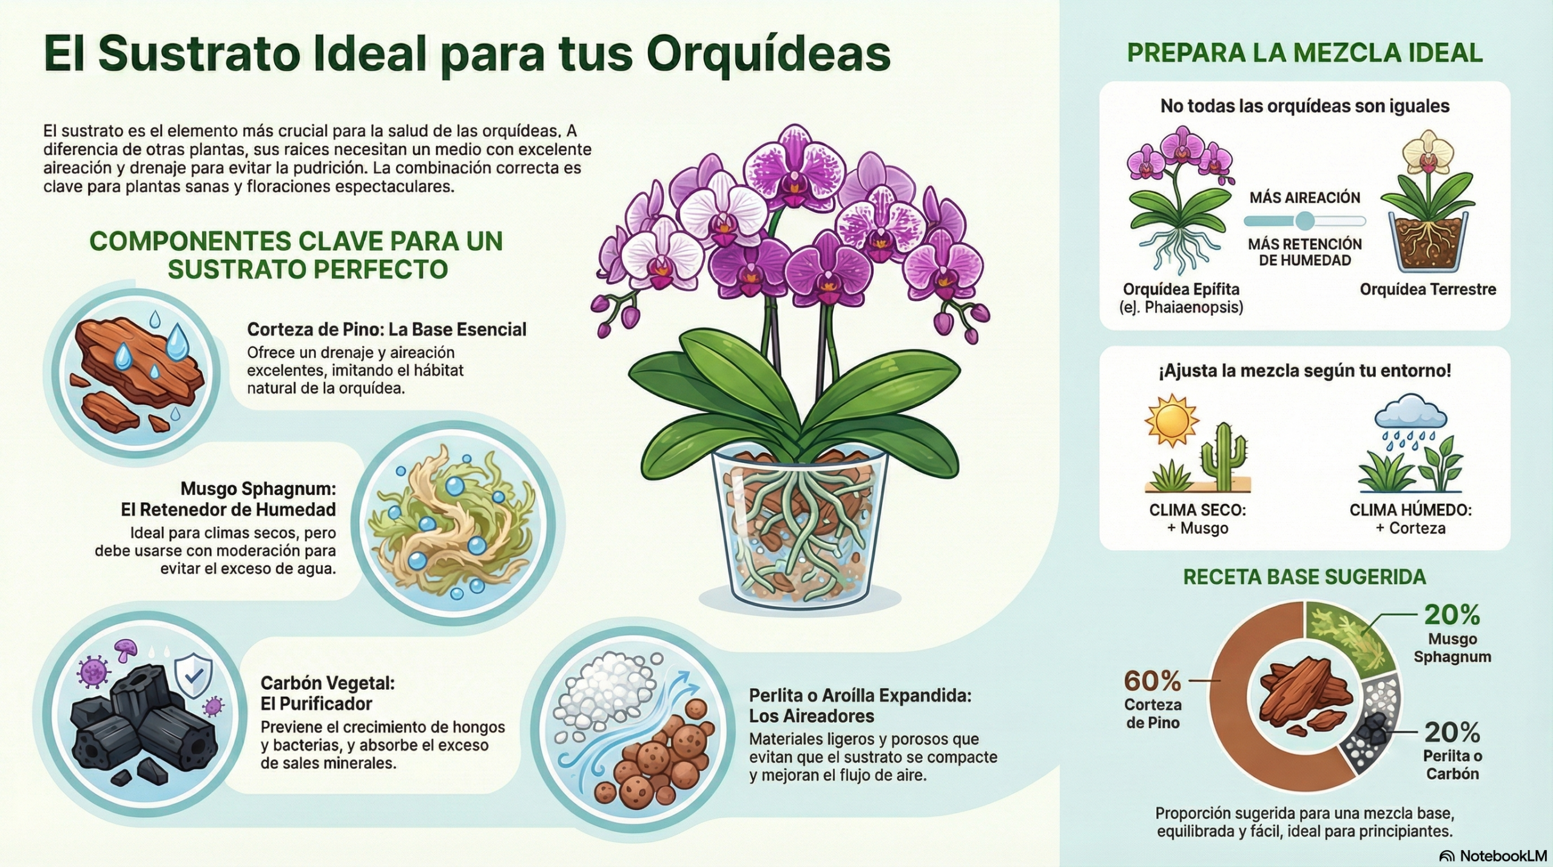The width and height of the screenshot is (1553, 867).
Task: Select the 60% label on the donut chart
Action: click(x=1153, y=681)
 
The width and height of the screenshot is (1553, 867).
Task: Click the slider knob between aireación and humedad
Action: click(x=1305, y=221)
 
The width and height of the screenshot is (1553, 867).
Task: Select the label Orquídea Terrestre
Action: click(x=1428, y=289)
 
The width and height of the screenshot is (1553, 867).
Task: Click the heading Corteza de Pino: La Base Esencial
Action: click(x=386, y=329)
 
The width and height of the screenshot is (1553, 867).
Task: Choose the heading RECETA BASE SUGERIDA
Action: click(x=1305, y=577)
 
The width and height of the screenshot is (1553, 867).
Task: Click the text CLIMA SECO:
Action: click(x=1198, y=510)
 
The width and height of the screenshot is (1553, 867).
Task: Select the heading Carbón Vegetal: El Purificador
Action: click(x=328, y=693)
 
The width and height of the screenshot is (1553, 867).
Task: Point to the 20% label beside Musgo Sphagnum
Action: click(x=1452, y=615)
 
